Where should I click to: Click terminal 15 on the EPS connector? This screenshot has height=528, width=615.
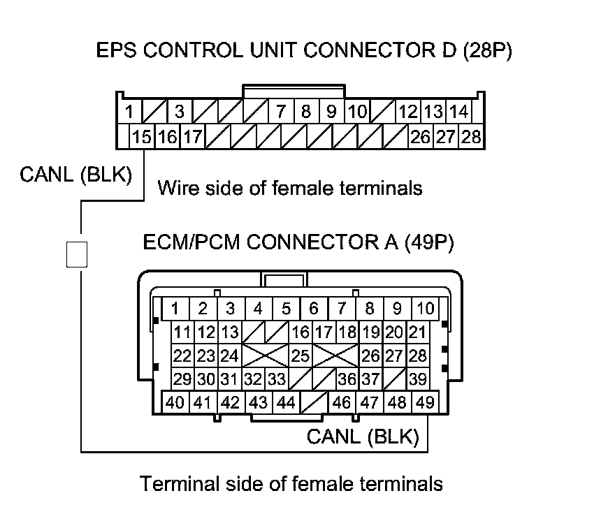pos(142,137)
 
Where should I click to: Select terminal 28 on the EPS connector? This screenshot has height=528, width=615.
pos(471,137)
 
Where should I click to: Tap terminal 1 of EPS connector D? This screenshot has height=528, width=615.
pos(129,112)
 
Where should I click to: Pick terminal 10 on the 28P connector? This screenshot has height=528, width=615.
pos(357,112)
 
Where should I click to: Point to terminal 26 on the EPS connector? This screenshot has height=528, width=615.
pos(421,137)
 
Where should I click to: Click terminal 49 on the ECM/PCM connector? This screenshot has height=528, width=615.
pos(425,402)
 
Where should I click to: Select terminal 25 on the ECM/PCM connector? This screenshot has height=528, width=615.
pos(301,356)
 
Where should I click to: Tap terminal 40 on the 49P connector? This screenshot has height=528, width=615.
pos(175,402)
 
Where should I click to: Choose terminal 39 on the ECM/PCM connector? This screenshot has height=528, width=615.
pos(418,379)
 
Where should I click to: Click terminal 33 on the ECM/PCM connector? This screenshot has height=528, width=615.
pos(277,379)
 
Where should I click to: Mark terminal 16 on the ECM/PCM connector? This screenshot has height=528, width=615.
pos(301,332)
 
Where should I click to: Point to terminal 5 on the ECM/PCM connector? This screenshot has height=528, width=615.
pos(286,309)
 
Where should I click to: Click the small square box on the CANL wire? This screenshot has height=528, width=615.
pos(77,254)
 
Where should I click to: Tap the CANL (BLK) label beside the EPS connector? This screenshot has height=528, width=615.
pos(76,175)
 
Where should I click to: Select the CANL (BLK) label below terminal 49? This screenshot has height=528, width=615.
pos(363,437)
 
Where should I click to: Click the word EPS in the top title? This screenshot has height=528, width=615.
pos(116,50)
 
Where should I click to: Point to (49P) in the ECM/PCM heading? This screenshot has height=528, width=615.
pos(429,242)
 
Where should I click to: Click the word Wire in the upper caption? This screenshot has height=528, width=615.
pos(178,188)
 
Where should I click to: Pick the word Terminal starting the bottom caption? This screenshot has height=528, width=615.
pos(180,483)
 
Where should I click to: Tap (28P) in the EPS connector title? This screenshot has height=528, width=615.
pos(488,51)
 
